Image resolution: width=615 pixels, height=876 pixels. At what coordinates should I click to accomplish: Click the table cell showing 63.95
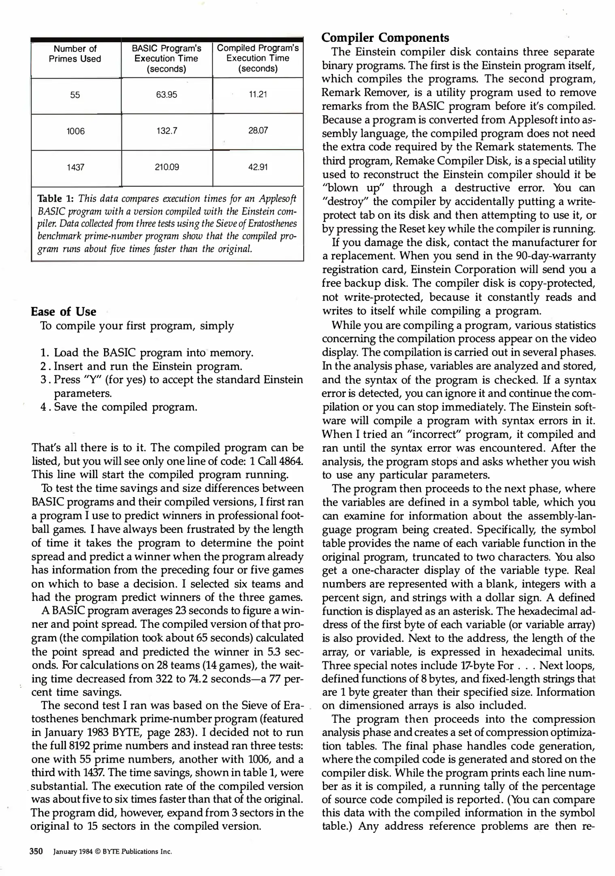coord(167,95)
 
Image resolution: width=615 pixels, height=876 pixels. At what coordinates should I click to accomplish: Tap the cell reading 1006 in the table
coord(75,131)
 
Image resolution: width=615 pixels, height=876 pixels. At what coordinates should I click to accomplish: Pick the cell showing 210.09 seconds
coord(167,167)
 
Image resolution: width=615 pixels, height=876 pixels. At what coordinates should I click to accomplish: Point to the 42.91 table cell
coord(258,167)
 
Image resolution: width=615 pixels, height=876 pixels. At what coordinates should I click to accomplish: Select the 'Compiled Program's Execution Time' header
coord(258,58)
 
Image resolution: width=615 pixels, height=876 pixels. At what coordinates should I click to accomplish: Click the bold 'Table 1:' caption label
coord(56,199)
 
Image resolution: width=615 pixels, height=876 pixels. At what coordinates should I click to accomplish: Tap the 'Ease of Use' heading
coord(64,311)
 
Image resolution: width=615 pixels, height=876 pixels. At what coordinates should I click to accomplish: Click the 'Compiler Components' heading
coord(385,38)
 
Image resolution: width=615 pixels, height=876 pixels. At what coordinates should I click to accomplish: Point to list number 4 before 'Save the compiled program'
coord(45,407)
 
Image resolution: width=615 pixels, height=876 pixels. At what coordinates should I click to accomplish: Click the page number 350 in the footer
coord(36,851)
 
